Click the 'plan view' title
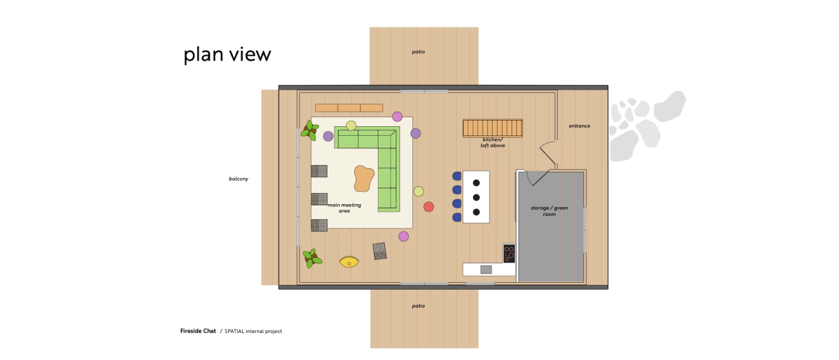click(x=227, y=54)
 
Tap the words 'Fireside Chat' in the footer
click(x=198, y=331)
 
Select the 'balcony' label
click(x=239, y=179)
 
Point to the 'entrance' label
click(x=579, y=126)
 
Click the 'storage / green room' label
click(x=549, y=211)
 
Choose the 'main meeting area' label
click(x=345, y=208)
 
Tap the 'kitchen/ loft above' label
click(x=493, y=143)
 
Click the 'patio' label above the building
click(x=418, y=52)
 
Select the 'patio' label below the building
click(x=418, y=306)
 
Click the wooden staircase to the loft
click(x=492, y=128)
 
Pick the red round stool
click(x=429, y=207)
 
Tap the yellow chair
click(x=349, y=261)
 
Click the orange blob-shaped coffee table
click(x=364, y=179)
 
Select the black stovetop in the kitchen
click(x=509, y=253)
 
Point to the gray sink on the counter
click(x=486, y=270)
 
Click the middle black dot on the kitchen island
click(x=476, y=197)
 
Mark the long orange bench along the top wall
click(x=349, y=108)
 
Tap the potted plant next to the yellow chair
click(x=312, y=258)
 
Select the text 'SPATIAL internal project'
click(x=253, y=331)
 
